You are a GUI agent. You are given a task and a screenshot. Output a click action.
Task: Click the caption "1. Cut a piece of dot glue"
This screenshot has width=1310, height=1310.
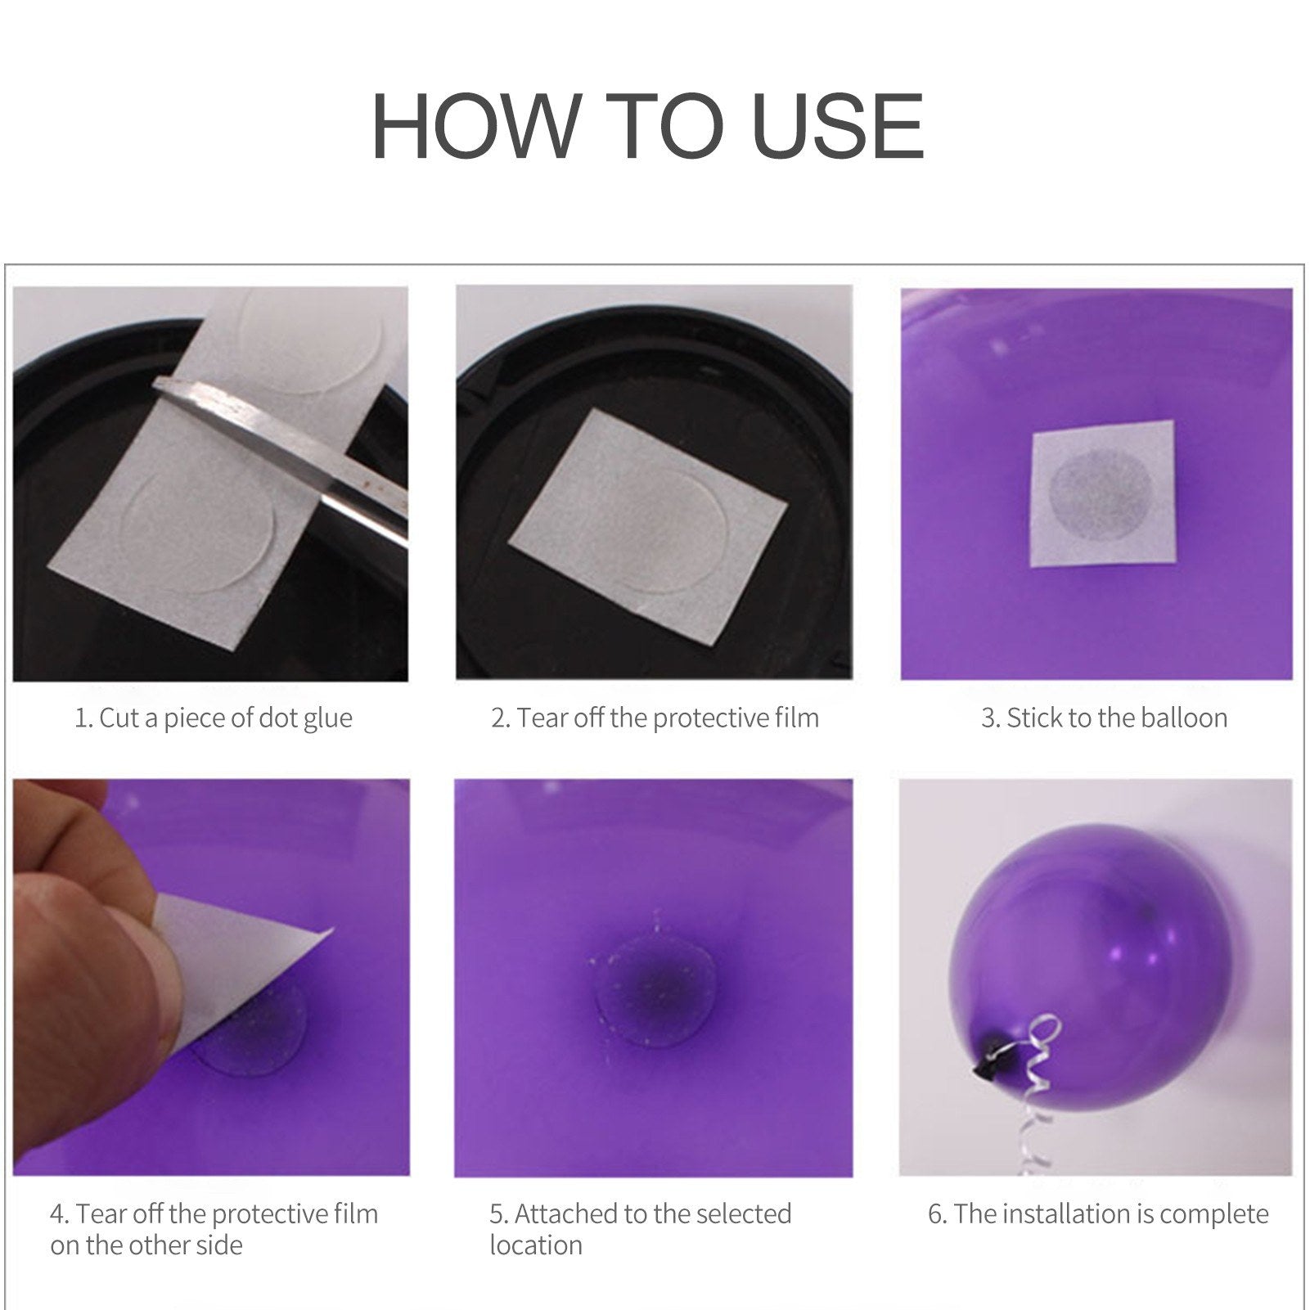[214, 718]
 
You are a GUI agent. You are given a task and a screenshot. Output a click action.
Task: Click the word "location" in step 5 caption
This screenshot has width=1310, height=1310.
[536, 1245]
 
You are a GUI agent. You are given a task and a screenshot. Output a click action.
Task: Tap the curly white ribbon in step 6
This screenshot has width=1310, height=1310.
[1040, 1088]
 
